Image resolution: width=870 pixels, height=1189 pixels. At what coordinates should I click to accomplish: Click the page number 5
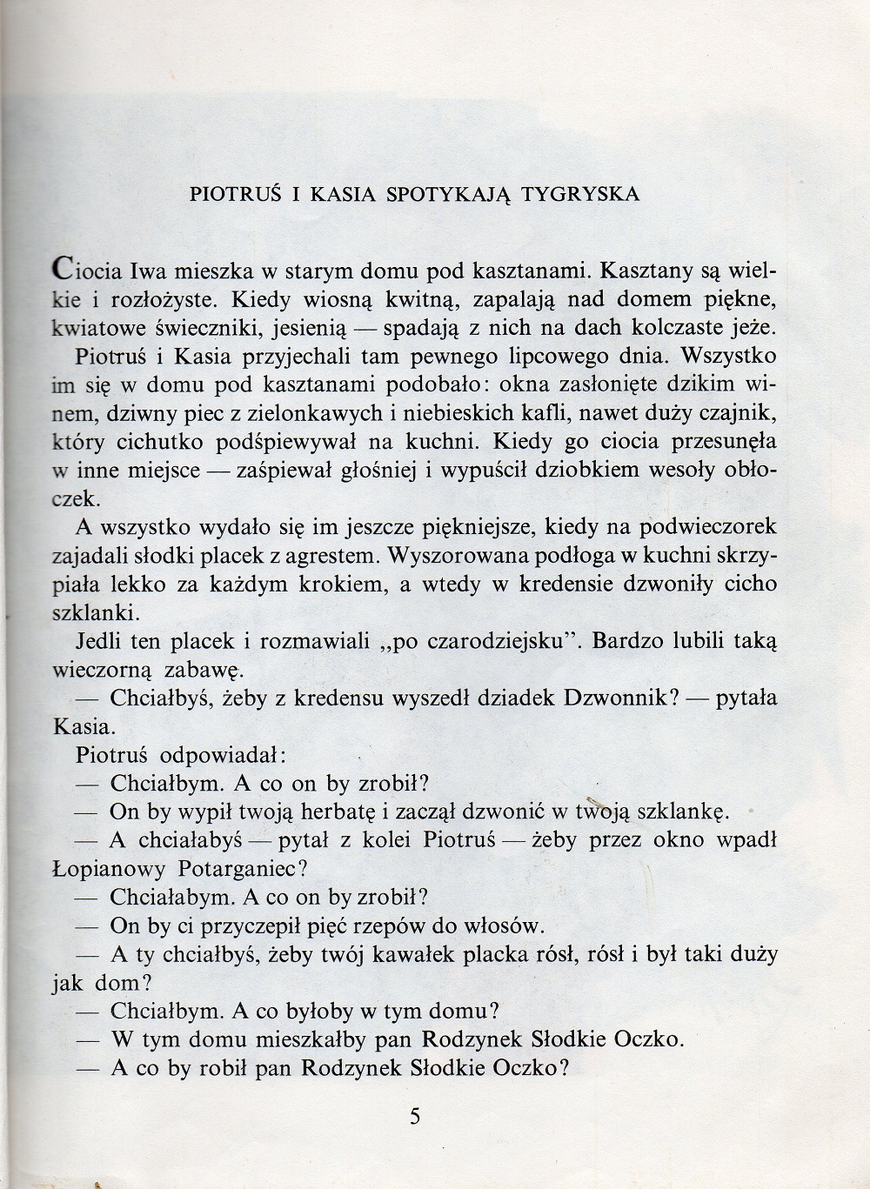415,1116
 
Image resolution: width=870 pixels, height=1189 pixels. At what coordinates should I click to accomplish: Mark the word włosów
510,925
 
